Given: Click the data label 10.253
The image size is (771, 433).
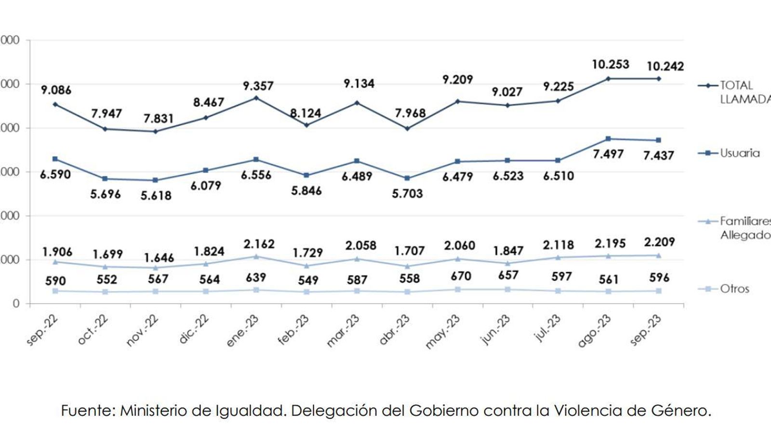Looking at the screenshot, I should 610,64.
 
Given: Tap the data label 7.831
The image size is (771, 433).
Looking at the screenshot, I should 159,118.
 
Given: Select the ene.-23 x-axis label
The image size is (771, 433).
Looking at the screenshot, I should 243,331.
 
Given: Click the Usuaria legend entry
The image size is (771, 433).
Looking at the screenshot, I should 739,153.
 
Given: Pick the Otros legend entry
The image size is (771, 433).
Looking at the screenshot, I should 734,289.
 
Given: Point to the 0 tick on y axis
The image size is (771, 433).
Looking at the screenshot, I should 16,304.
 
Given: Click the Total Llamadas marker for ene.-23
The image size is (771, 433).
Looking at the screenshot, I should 256,98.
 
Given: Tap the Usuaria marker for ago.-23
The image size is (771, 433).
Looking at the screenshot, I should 608,139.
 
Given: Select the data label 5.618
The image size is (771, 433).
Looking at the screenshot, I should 156,195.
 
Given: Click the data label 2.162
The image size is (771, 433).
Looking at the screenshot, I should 259,244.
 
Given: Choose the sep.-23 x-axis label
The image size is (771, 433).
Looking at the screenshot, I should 646,331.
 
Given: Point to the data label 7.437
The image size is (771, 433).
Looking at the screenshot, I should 658,155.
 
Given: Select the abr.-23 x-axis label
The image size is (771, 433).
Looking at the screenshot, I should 394,331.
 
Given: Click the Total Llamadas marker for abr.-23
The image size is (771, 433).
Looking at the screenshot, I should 407,128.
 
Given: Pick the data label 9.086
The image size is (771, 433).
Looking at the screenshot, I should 56,90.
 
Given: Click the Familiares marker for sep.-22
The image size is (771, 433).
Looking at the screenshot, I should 55,262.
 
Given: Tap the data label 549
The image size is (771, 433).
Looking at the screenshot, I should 308,280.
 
